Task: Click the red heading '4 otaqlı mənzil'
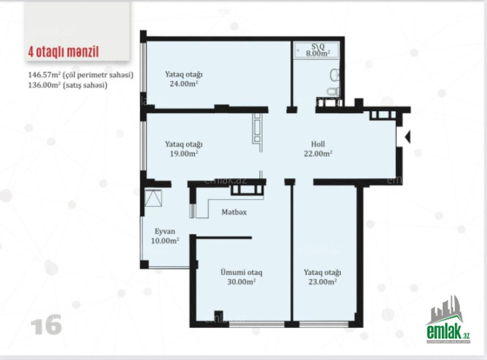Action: point(63,52)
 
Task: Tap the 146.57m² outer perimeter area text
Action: point(81,75)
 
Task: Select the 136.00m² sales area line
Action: point(68,85)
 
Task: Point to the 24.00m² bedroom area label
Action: point(183,83)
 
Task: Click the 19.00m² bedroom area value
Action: point(183,153)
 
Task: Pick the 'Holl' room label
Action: point(318,144)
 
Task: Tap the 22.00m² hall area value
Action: point(318,153)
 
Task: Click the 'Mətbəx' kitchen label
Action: point(234,212)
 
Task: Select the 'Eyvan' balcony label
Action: point(165,231)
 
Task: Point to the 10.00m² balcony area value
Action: point(165,241)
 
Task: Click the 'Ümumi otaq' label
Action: point(242,272)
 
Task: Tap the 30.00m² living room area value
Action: point(242,282)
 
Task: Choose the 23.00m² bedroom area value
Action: point(323,282)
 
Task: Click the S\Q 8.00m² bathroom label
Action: point(317,50)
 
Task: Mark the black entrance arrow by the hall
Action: point(408,137)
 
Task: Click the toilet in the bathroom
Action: point(333,91)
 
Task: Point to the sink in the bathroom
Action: point(335,75)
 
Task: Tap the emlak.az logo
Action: point(448,320)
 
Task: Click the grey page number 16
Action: point(46,324)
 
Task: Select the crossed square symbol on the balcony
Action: point(153,198)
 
